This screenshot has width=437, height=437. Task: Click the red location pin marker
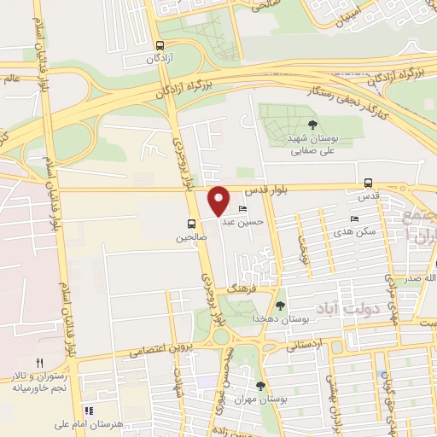point(218,201)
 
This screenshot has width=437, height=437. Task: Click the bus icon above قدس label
point(368,183)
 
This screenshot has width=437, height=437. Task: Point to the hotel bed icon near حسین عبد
point(242,210)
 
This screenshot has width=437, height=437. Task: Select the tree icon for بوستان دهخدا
point(280,306)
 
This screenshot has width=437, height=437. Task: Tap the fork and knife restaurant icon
point(39,363)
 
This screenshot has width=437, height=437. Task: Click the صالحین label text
point(192,239)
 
